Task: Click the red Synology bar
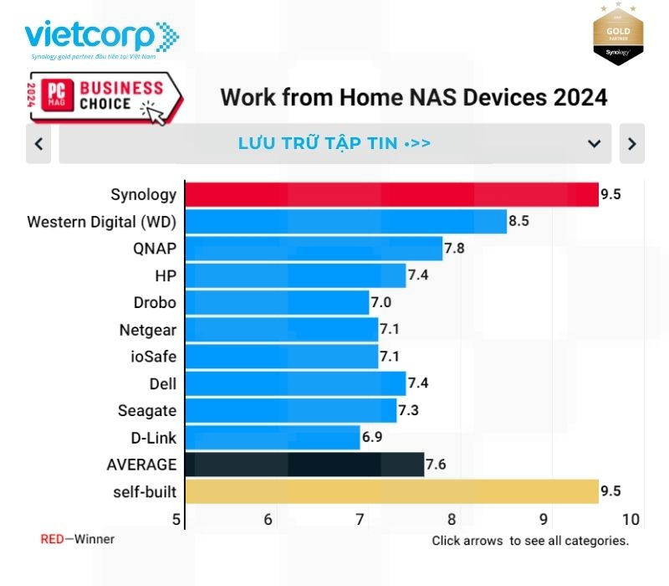(391, 194)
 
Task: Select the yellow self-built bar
(391, 491)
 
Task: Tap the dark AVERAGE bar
(304, 464)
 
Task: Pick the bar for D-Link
(272, 437)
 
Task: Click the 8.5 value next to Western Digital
(518, 222)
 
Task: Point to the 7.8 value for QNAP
(454, 249)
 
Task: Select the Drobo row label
(155, 302)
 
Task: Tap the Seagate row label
(147, 410)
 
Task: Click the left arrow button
(38, 144)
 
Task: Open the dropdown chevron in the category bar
(594, 144)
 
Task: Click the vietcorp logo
(100, 39)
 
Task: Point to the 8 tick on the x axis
(452, 519)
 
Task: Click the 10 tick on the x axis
(631, 519)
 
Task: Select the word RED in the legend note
(52, 539)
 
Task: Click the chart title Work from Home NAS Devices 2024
(413, 96)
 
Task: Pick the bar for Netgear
(281, 329)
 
